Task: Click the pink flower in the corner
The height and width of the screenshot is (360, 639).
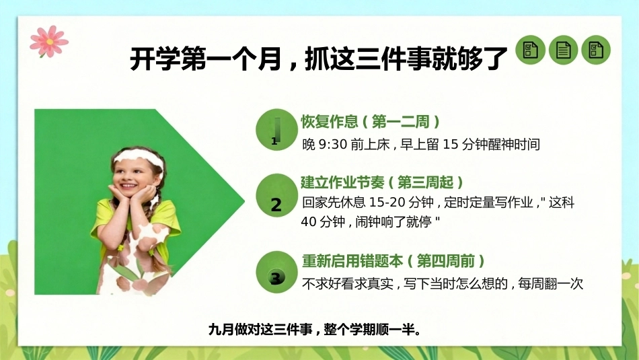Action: (49, 41)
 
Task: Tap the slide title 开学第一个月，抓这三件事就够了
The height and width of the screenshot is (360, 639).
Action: (318, 59)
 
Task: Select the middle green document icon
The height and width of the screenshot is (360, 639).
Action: (563, 50)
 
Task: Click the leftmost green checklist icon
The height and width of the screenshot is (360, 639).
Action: (530, 50)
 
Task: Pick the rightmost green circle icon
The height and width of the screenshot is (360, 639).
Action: (596, 50)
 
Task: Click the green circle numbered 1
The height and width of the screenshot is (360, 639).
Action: (276, 130)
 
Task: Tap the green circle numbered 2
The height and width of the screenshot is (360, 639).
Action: (276, 195)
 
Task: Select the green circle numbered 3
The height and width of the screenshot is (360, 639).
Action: (276, 272)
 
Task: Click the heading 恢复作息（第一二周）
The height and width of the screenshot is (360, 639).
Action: (371, 122)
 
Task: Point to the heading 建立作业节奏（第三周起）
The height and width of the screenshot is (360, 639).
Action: (382, 182)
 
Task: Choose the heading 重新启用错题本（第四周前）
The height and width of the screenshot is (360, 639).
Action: (393, 260)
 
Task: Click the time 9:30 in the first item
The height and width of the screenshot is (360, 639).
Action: (332, 144)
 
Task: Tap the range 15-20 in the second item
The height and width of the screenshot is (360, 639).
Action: (387, 203)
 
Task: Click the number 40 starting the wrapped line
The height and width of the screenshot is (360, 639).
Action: (309, 222)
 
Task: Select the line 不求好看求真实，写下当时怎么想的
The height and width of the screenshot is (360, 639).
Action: (405, 283)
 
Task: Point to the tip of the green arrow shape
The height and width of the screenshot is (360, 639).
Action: (245, 201)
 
